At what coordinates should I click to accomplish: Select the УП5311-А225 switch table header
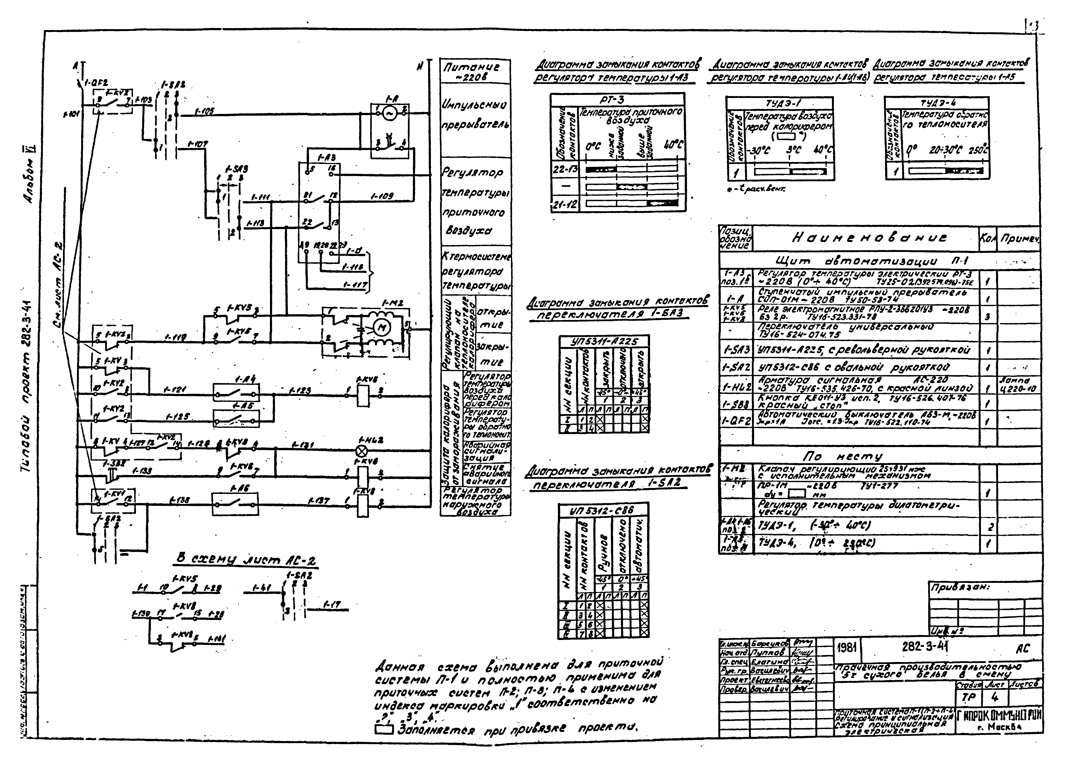[x=604, y=341]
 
